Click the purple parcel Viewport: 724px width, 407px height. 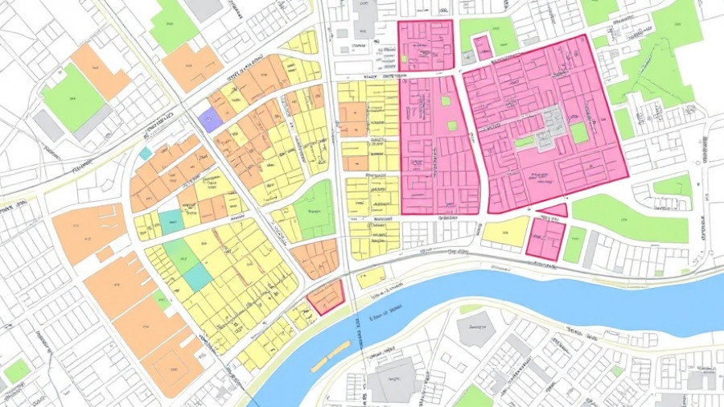[x=209, y=121]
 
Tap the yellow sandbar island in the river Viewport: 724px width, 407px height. [x=331, y=356]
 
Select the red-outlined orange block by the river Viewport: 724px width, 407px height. [x=326, y=297]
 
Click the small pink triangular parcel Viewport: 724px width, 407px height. [x=553, y=211]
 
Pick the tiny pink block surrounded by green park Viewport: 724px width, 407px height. [x=482, y=47]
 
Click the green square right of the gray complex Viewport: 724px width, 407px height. [x=579, y=133]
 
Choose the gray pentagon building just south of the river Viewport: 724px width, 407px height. [x=476, y=331]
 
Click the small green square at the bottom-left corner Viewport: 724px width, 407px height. [x=16, y=371]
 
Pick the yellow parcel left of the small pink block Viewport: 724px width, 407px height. [x=505, y=232]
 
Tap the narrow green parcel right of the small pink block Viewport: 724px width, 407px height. [x=574, y=245]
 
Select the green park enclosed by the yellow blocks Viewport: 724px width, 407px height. [x=315, y=209]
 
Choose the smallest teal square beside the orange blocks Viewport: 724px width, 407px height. [x=145, y=153]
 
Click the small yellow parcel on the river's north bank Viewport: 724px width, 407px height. [x=371, y=277]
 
